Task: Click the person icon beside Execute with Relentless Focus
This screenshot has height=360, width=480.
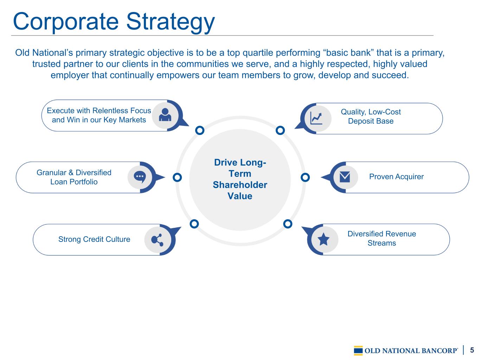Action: (x=165, y=115)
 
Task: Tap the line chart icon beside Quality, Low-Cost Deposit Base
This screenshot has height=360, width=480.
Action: (x=316, y=118)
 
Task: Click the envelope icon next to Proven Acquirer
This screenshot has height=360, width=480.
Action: (x=345, y=177)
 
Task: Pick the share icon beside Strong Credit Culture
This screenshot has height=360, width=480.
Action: (x=157, y=240)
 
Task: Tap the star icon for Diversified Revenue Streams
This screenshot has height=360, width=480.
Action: (x=324, y=239)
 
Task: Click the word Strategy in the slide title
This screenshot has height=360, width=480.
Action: (x=171, y=22)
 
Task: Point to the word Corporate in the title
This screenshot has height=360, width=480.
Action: (x=66, y=22)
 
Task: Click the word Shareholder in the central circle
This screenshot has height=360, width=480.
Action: (x=240, y=185)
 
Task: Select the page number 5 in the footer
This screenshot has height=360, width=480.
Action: (x=472, y=350)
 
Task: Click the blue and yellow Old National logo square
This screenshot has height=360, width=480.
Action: (x=358, y=351)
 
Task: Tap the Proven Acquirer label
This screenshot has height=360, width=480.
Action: (x=396, y=176)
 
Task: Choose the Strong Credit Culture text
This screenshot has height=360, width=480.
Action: (x=94, y=239)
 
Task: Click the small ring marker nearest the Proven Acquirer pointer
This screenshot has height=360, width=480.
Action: (x=305, y=178)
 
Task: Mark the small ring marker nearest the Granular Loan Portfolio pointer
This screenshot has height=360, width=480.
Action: (x=177, y=177)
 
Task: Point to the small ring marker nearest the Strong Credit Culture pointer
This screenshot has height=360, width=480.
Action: (x=194, y=224)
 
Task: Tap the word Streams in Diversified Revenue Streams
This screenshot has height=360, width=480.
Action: (x=382, y=243)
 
